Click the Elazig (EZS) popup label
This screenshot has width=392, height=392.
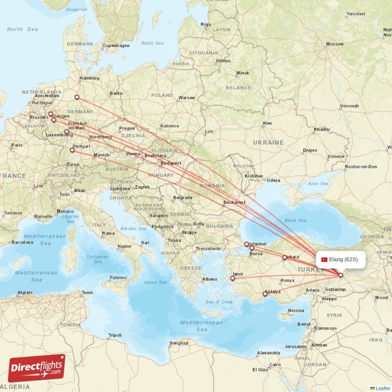341,259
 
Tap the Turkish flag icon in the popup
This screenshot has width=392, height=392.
324,259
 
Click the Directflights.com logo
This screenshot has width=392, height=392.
37,368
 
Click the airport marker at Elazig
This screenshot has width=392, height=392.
341,275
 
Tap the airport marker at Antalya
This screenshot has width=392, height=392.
265,294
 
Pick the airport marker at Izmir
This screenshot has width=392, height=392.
233,279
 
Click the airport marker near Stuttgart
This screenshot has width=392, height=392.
72,150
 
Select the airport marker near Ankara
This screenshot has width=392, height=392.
284,257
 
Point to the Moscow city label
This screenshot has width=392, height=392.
335,44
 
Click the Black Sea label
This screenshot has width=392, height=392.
295,220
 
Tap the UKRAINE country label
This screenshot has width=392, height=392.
268,142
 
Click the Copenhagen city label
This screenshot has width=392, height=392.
116,46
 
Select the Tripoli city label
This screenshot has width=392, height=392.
115,335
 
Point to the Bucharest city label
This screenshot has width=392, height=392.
233,202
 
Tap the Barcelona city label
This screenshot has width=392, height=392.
23,242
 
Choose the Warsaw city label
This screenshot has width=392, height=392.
187,98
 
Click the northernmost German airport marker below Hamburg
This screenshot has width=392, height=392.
76,98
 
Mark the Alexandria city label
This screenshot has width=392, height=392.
269,353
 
